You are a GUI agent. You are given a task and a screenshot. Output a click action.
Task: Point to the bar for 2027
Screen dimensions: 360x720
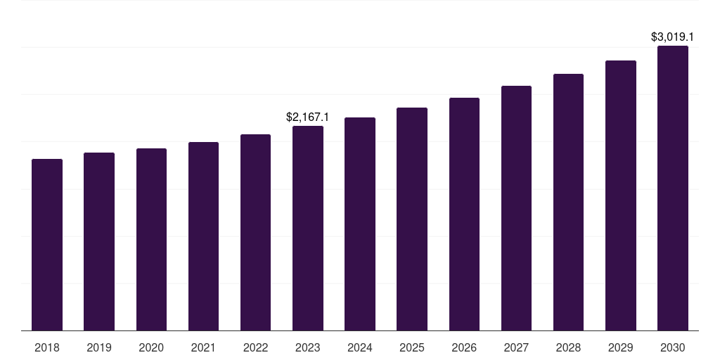pos(516,208)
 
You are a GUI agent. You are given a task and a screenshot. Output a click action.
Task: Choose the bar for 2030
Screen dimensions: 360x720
pos(673,188)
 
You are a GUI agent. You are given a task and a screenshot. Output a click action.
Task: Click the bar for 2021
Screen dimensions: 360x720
pos(203,236)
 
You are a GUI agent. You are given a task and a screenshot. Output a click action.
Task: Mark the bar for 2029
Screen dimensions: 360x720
pos(621,195)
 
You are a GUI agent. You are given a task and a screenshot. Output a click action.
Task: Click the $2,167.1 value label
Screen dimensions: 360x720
pos(308,117)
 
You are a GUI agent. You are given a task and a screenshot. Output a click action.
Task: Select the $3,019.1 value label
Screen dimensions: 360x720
pos(673,37)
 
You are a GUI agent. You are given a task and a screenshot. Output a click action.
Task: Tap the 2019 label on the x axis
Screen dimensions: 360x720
pos(99,347)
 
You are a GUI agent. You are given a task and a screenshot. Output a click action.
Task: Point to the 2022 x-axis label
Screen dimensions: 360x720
pos(256,347)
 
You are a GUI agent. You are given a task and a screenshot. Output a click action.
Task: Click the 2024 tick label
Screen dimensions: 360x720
pos(360,347)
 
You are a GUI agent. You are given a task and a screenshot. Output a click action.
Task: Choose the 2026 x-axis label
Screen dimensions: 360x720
pos(464,347)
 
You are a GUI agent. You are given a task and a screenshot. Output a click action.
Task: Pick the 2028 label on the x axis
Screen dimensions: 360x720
pos(568,347)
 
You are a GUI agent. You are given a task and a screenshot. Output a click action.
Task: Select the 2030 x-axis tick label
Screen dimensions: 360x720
pos(673,347)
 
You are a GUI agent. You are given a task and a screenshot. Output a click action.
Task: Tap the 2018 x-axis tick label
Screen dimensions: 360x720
pos(47,347)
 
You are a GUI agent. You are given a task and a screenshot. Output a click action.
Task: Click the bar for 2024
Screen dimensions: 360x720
pos(360,224)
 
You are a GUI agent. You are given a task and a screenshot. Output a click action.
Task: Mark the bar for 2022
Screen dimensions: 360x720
pos(256,232)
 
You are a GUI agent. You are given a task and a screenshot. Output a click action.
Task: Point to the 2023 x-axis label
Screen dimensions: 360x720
pos(308,347)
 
